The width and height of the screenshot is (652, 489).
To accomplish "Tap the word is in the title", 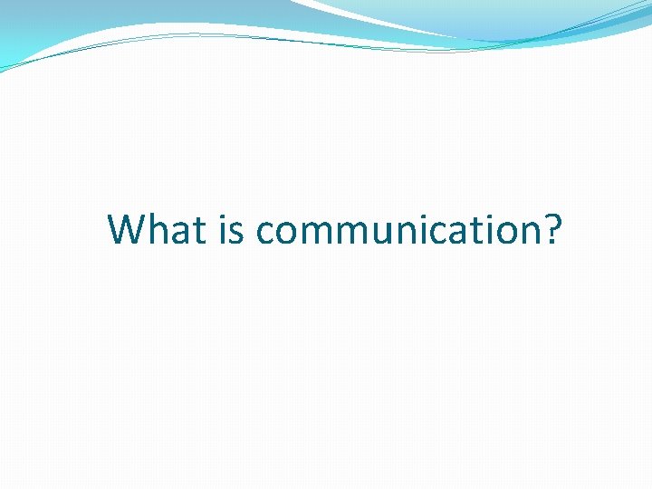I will pos(232,229).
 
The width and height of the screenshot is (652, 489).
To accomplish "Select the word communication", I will pos(398,231).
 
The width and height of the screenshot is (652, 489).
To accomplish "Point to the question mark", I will pos(551,229).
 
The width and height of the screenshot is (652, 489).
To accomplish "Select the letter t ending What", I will pos(200,231).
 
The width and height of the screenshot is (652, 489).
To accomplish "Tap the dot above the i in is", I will pos(223,216).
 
